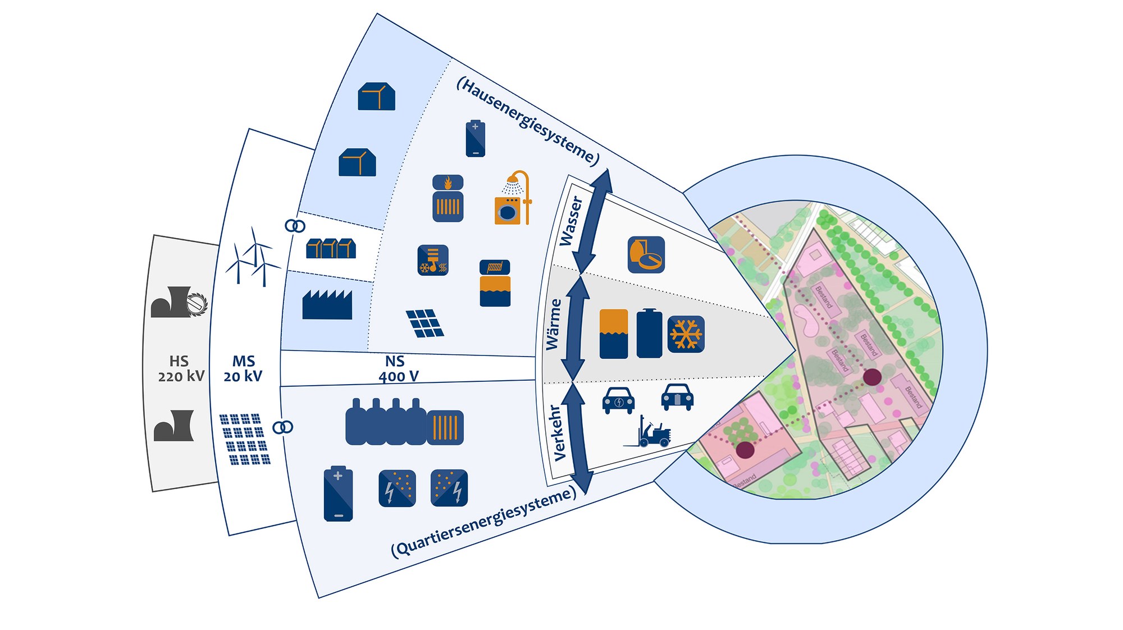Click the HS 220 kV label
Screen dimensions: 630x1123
pyautogui.click(x=181, y=369)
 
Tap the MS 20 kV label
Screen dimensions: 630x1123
pyautogui.click(x=243, y=369)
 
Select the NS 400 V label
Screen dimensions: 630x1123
pyautogui.click(x=398, y=369)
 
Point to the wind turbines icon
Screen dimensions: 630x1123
pyautogui.click(x=252, y=257)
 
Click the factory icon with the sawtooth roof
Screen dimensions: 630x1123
pyautogui.click(x=327, y=305)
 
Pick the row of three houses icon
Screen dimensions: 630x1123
pyautogui.click(x=331, y=248)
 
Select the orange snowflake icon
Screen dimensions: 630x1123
pyautogui.click(x=686, y=334)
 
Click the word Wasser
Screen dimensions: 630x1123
pyautogui.click(x=571, y=221)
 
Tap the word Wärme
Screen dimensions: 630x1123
pyautogui.click(x=554, y=324)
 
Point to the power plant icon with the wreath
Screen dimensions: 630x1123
pyautogui.click(x=179, y=303)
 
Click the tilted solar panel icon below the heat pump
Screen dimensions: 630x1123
pyautogui.click(x=425, y=323)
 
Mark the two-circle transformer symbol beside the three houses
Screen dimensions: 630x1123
pyautogui.click(x=295, y=226)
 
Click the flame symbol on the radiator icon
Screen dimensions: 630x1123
pyautogui.click(x=448, y=182)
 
